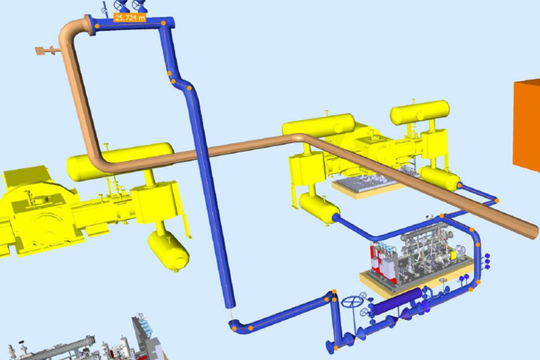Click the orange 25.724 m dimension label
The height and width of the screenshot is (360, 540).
pyautogui.click(x=129, y=18)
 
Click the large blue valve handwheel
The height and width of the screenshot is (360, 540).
pyautogui.click(x=352, y=302)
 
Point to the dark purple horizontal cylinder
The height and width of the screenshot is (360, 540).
pyautogui.click(x=398, y=301)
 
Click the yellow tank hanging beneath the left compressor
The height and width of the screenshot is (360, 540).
pyautogui.click(x=169, y=250)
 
